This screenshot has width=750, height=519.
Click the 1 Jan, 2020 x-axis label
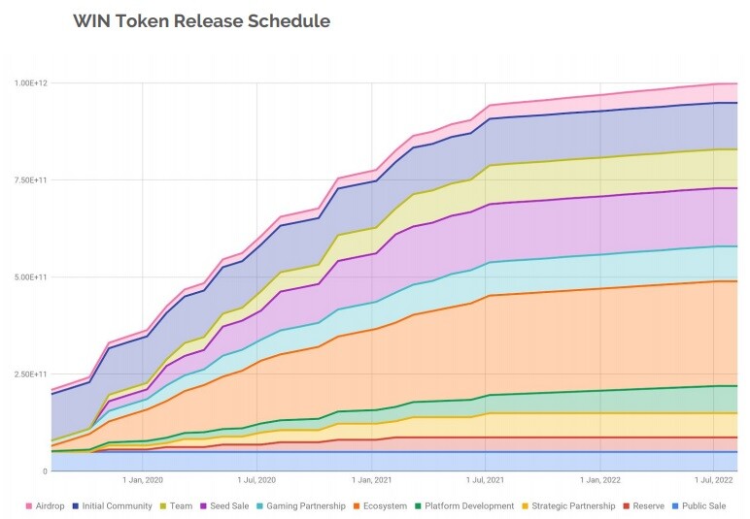tap(143, 480)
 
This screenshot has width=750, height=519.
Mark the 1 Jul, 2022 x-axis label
tap(714, 480)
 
